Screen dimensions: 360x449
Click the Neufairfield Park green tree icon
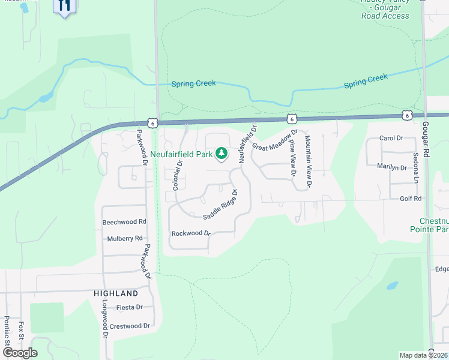221,154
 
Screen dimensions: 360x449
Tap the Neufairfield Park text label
182,154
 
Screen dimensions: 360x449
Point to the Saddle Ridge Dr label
220,205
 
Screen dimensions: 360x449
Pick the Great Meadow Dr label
275,139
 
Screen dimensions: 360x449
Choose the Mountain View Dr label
307,161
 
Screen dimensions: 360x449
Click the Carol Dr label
391,138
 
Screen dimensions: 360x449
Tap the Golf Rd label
410,198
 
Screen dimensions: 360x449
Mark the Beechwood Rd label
124,221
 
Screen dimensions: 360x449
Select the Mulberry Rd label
125,238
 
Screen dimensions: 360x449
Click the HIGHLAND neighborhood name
116,293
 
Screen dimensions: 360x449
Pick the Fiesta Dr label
129,307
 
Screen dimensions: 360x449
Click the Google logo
19,352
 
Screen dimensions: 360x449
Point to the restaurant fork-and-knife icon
65,6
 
